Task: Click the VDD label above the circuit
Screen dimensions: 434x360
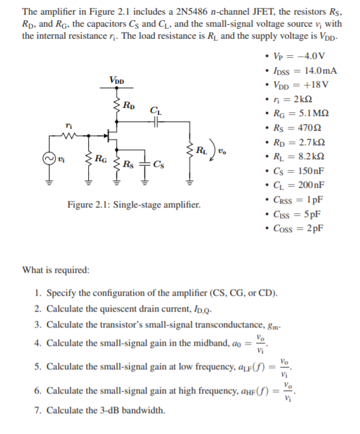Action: click(x=117, y=81)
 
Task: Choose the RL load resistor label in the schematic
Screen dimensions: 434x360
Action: click(x=201, y=150)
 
